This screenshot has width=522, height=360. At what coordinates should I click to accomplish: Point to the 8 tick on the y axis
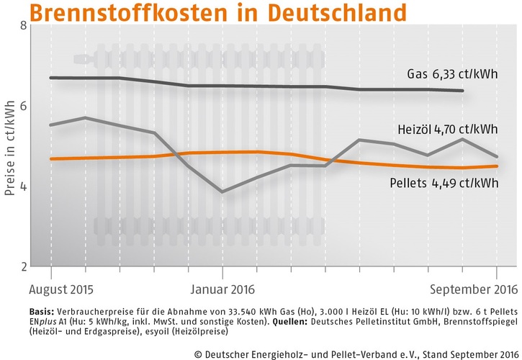[23, 26]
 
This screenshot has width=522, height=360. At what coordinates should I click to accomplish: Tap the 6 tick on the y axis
[23, 106]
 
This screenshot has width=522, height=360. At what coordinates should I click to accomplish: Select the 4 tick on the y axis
[23, 186]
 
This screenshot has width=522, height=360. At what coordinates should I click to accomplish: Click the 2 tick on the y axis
[23, 266]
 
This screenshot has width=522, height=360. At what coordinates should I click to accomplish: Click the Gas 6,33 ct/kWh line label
[451, 74]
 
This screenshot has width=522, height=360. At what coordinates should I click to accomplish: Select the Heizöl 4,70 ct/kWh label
[447, 130]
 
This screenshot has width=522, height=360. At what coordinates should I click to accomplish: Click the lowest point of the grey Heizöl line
[222, 192]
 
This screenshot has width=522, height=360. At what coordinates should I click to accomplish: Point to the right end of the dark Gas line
[462, 91]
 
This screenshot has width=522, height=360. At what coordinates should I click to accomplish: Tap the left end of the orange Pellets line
[50, 158]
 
